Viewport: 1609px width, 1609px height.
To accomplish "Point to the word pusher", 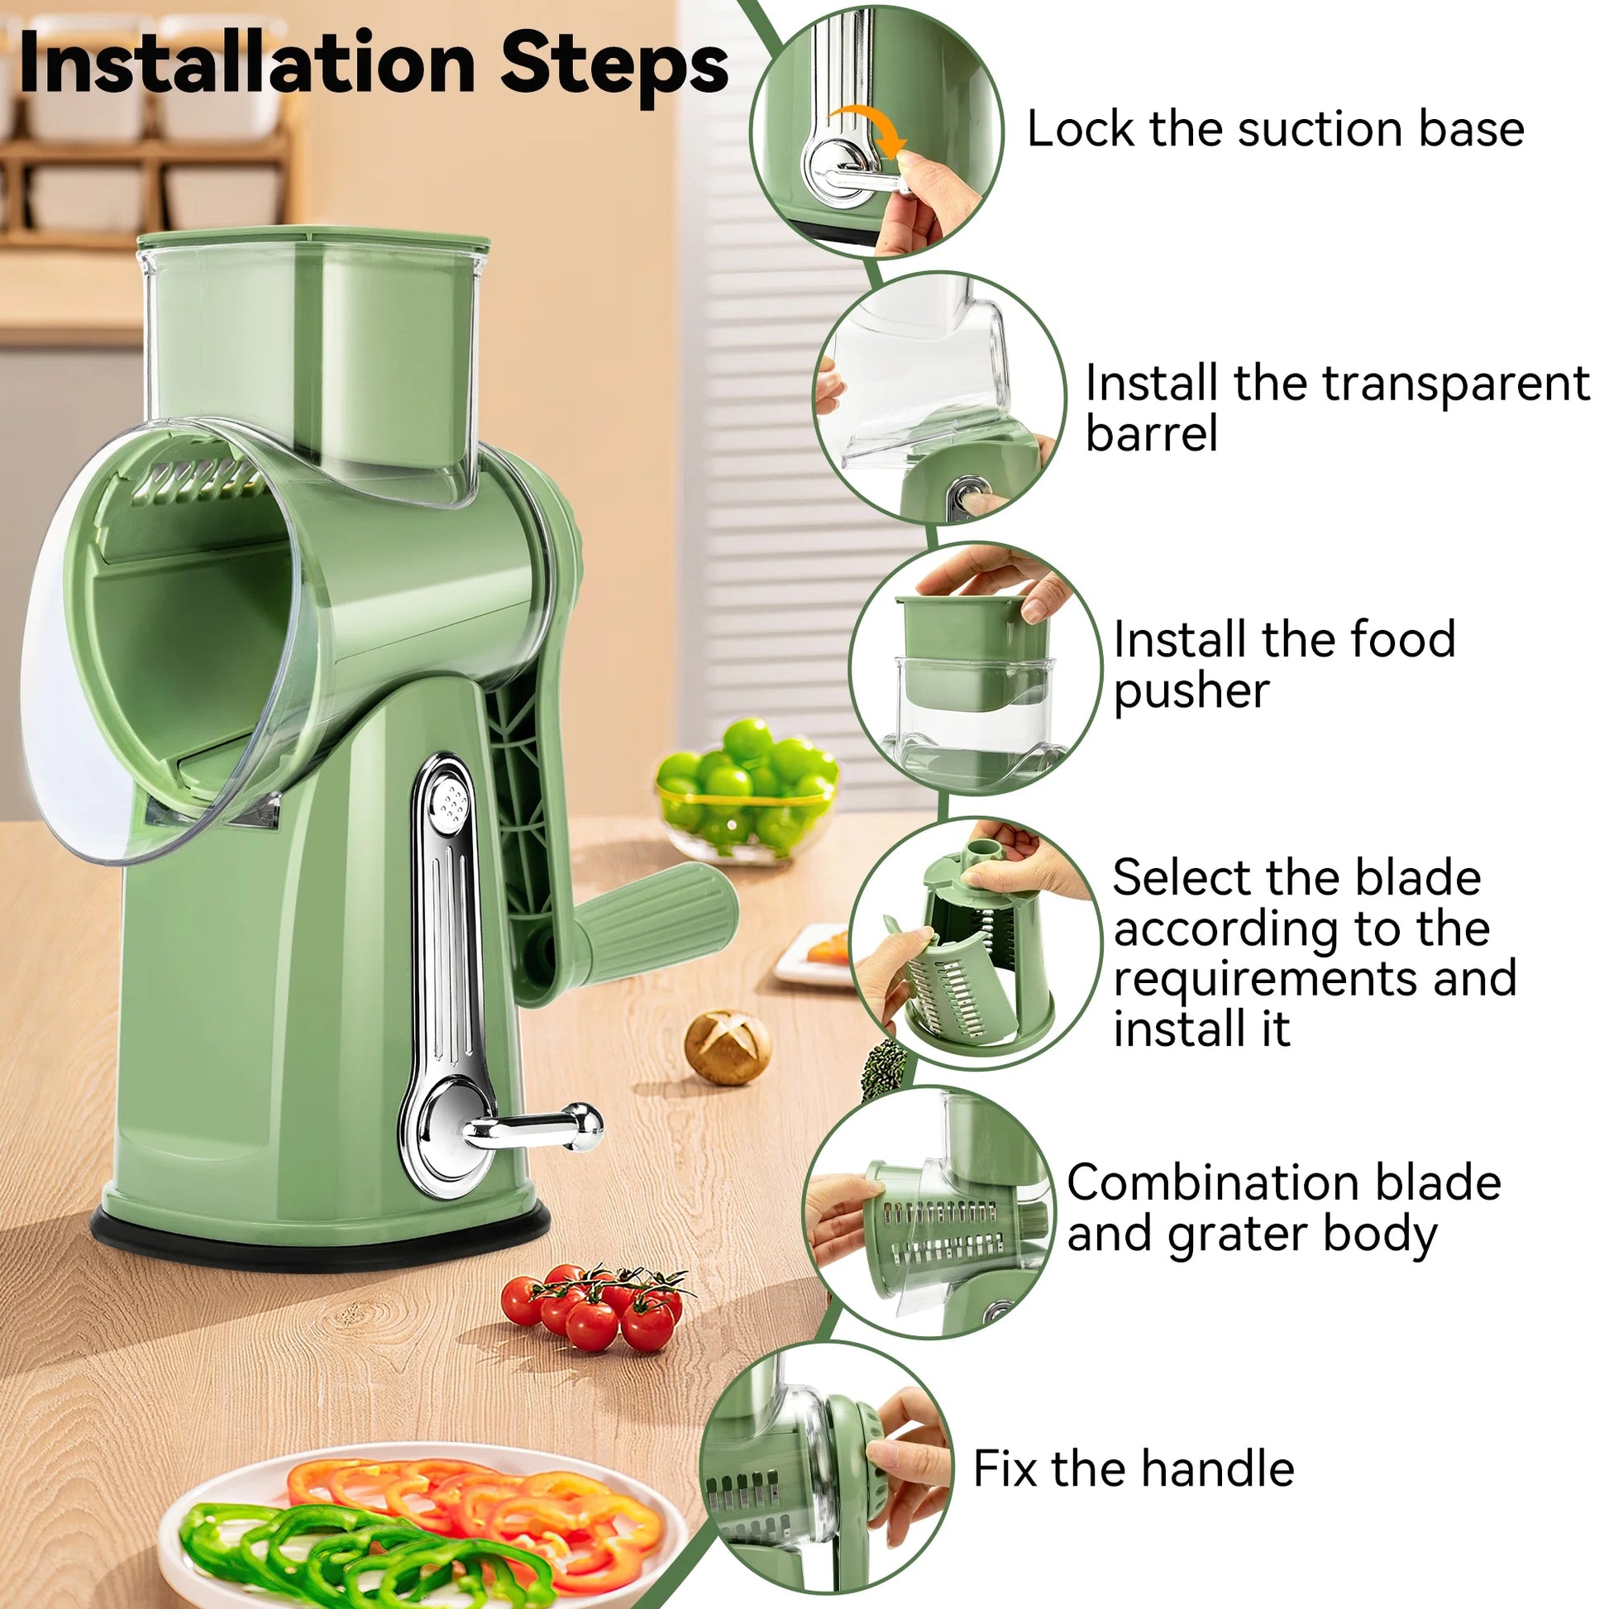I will tap(1191, 691).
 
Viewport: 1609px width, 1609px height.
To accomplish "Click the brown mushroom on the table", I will tap(726, 1047).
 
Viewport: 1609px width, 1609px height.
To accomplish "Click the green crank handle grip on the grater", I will tap(658, 916).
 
